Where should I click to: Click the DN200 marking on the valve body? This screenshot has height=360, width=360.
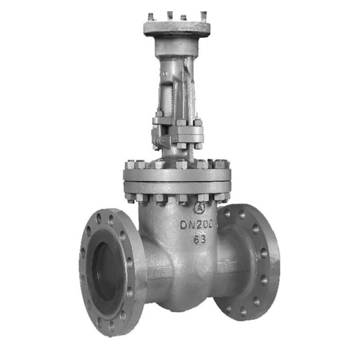(x=196, y=224)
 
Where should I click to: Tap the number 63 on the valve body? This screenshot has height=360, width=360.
(x=200, y=239)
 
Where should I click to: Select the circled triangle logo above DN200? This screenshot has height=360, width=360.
(x=199, y=207)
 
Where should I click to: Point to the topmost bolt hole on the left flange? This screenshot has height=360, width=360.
(x=99, y=218)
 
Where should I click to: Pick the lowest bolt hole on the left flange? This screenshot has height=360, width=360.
(x=112, y=325)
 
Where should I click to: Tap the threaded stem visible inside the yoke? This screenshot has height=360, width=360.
(x=171, y=99)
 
